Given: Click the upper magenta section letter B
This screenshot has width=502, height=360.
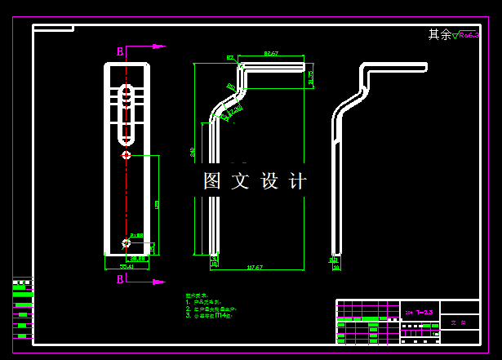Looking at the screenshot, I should click(x=120, y=51).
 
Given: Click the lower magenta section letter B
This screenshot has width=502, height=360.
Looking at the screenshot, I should click(x=120, y=279).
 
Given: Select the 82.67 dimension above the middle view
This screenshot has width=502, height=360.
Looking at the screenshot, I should click(x=271, y=54).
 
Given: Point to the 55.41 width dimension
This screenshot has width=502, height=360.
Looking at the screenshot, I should click(x=127, y=266).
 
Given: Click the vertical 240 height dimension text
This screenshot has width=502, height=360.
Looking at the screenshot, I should click(x=193, y=152).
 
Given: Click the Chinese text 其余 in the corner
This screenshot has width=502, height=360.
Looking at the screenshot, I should click(x=439, y=34).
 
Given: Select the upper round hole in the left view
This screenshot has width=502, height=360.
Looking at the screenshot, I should click(x=126, y=155).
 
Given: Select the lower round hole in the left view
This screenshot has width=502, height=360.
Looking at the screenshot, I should click(x=126, y=242).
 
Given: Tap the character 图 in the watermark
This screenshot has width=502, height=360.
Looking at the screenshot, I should click(x=212, y=181).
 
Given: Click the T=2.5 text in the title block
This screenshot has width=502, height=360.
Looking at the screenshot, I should click(x=424, y=312).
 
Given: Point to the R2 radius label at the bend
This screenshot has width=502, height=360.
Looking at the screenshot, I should click(x=230, y=58).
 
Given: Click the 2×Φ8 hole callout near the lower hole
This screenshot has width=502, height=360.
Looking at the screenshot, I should click(x=136, y=235).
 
